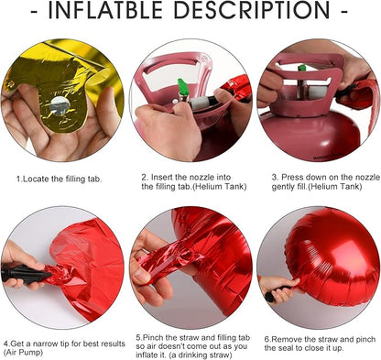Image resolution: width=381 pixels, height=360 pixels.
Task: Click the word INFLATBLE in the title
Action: pyautogui.click(x=105, y=10)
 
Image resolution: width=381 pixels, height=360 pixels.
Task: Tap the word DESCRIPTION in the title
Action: pyautogui.click(x=252, y=10)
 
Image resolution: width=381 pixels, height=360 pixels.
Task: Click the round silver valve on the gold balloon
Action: pyautogui.click(x=60, y=105)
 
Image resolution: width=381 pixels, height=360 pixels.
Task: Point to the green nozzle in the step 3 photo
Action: pyautogui.click(x=302, y=68)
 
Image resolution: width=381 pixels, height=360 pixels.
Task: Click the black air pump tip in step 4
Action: pyautogui.click(x=26, y=274)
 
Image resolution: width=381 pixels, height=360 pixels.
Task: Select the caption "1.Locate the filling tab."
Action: pyautogui.click(x=59, y=179)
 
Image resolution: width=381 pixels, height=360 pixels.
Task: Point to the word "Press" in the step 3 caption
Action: pyautogui.click(x=292, y=177)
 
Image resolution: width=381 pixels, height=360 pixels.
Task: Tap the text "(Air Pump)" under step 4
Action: pyautogui.click(x=24, y=352)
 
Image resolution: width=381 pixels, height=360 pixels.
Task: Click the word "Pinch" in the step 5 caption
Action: pyautogui.click(x=154, y=338)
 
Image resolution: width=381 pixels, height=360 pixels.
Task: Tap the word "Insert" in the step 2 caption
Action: pyautogui.click(x=161, y=177)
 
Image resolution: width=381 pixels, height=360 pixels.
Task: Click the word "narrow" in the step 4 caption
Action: pyautogui.click(x=44, y=344)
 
